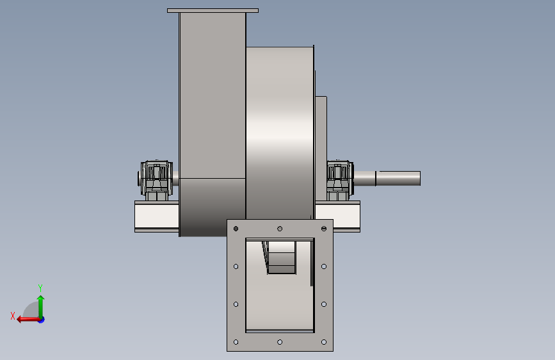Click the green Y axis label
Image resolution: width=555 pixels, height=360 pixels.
pos(40,288)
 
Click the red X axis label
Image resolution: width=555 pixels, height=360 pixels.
pos(13,316)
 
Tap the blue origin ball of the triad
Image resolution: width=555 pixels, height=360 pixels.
pos(42,320)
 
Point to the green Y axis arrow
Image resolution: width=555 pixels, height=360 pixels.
pos(41,307)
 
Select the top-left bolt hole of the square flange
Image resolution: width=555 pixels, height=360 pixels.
pos(236,229)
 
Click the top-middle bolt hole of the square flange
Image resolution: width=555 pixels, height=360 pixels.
pos(280,229)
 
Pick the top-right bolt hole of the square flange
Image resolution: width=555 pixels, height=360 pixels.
pos(324,229)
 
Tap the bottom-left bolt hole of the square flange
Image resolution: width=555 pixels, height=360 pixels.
pos(236,342)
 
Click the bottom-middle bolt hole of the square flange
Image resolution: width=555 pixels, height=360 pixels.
pos(280,342)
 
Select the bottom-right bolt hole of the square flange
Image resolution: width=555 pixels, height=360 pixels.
pos(324,342)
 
